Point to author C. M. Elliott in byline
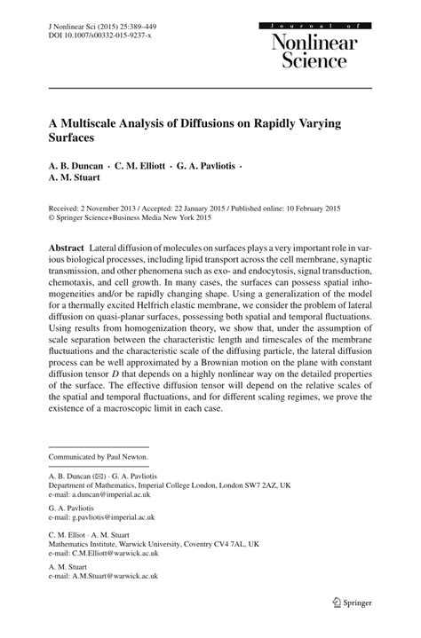click(x=147, y=167)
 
